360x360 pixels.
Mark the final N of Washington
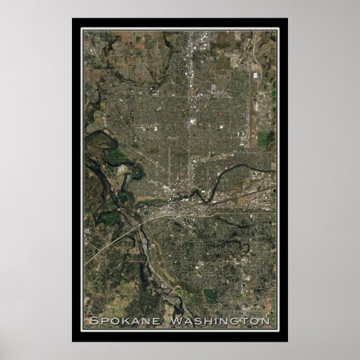pyautogui.click(x=266, y=321)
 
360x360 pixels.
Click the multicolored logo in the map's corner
pyautogui.click(x=87, y=33)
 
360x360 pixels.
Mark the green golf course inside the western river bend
pyautogui.click(x=116, y=158)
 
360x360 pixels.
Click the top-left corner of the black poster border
pyautogui.click(x=73, y=19)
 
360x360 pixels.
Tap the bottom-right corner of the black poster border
pyautogui.click(x=287, y=340)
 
